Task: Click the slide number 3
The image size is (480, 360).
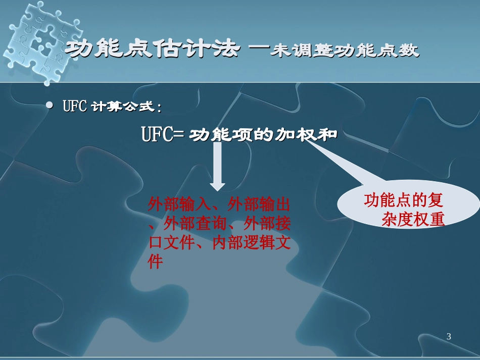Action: (449, 336)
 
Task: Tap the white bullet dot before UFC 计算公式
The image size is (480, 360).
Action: (50, 105)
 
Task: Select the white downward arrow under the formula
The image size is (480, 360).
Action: (217, 167)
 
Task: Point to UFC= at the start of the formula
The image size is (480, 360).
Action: (163, 134)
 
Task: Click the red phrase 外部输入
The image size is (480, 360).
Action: (179, 204)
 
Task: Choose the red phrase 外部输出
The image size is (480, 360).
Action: (259, 204)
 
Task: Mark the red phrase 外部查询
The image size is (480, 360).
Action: (195, 224)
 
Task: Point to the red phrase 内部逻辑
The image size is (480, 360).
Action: (243, 243)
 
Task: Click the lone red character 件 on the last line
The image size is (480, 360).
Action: (155, 262)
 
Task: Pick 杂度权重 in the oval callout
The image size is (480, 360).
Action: (413, 219)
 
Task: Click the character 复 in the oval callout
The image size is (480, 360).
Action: (435, 200)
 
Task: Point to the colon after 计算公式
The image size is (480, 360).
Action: (159, 108)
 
